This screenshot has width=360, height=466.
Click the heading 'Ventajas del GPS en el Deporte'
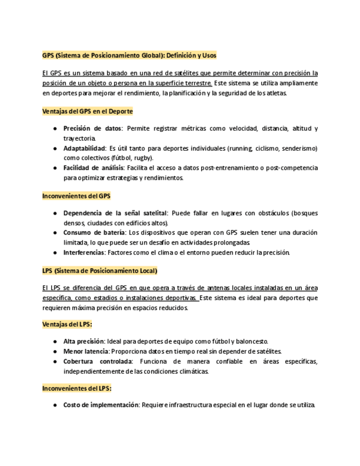click(x=87, y=112)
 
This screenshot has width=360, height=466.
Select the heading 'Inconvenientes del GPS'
click(x=76, y=196)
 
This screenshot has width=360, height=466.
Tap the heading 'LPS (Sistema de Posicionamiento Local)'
click(x=99, y=271)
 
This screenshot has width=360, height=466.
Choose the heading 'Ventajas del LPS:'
click(x=67, y=324)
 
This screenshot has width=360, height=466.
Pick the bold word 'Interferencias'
click(x=84, y=252)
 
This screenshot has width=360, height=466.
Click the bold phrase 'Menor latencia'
click(x=86, y=351)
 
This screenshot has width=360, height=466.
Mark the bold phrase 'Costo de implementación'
click(x=101, y=405)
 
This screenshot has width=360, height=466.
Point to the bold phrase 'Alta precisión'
click(x=84, y=341)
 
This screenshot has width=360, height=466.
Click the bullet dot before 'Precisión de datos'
click(x=56, y=129)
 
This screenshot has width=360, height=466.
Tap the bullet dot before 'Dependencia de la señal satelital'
click(x=56, y=213)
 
